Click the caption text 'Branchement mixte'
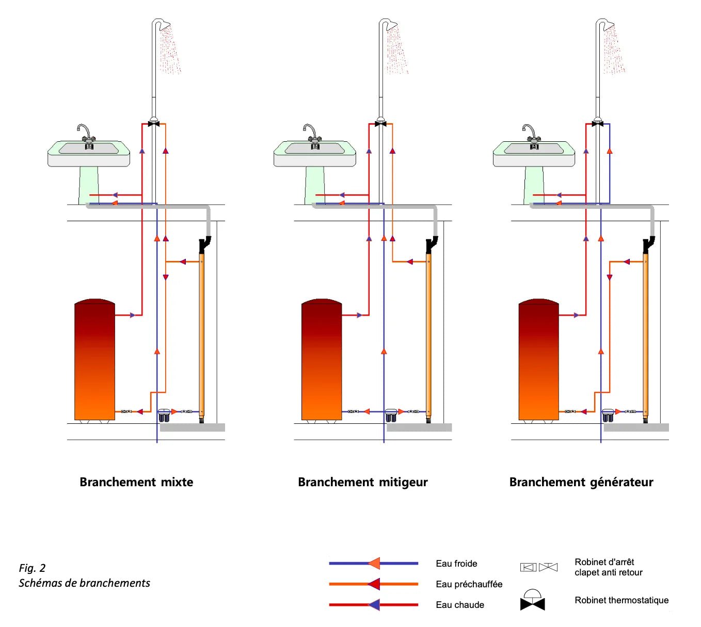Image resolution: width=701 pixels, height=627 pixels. (136, 482)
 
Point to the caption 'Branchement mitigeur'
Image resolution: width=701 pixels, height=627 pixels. (363, 482)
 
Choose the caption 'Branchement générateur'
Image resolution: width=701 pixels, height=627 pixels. (581, 482)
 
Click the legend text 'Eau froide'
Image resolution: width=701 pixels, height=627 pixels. (456, 564)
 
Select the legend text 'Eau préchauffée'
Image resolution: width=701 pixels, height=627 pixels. (469, 584)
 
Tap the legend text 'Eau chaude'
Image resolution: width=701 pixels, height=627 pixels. (460, 605)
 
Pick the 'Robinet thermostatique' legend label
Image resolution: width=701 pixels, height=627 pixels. (622, 600)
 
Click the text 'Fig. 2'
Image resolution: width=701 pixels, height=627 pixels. (32, 568)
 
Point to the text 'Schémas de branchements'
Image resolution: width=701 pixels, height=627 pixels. (84, 583)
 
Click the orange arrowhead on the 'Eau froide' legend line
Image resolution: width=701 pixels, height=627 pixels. (374, 564)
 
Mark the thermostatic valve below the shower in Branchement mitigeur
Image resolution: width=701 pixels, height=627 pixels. (381, 124)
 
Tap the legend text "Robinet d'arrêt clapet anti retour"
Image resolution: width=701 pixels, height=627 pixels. (608, 567)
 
